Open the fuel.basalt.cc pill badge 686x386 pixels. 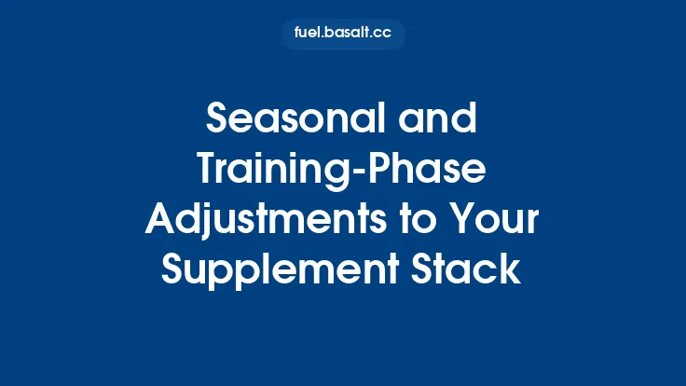343,34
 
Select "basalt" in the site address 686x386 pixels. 349,34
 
